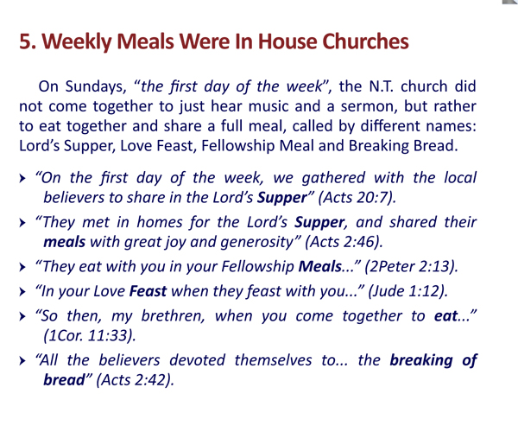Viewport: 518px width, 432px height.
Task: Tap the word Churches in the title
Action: pyautogui.click(x=351, y=39)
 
